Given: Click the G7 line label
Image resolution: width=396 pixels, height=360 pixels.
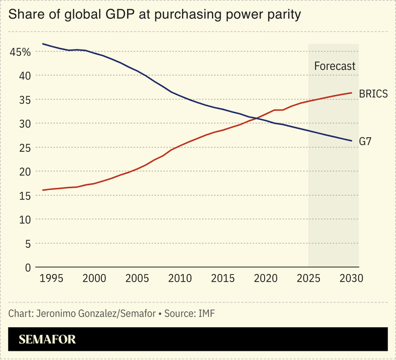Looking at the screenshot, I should pos(366,142).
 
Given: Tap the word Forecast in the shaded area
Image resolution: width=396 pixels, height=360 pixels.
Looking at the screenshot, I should pos(334,66).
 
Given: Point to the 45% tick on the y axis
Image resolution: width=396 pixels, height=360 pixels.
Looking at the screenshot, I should pos(20,52).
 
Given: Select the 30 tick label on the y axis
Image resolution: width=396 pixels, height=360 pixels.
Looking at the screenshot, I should pos(25,123).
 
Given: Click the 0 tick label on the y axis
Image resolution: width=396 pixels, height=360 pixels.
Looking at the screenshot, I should pos(27,267).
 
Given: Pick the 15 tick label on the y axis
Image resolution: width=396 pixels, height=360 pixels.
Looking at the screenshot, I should pos(25,195).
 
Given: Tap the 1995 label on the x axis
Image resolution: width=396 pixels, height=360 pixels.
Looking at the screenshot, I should pos(51,279).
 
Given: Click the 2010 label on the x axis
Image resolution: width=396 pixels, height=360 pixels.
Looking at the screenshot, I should pos(180,279).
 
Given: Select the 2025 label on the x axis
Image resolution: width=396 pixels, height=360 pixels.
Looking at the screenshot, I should pos(308,279).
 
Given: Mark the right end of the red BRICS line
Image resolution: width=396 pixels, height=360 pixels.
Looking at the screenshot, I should pos(352,93).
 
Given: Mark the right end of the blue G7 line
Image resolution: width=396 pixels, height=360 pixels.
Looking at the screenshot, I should pos(352,141).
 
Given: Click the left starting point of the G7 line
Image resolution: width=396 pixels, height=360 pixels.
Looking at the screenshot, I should pos(43,44).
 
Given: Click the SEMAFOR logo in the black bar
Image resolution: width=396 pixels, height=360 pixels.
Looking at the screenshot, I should pos(47,340).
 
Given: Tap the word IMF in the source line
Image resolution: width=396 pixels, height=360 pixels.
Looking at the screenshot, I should pos(206,313).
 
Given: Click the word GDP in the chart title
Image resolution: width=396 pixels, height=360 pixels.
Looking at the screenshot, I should pos(124,14).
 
